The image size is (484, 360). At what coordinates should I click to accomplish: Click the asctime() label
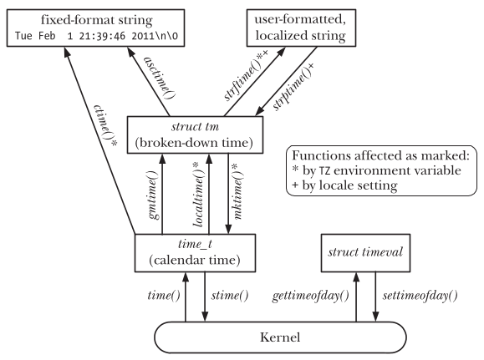tap(160, 78)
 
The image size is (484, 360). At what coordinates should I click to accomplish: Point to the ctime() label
tap(105, 126)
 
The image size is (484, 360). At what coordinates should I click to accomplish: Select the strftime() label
tap(246, 74)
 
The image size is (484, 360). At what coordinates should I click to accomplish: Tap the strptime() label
tap(293, 86)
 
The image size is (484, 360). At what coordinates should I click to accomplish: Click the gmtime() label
tap(153, 195)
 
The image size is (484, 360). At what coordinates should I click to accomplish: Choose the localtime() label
tap(199, 195)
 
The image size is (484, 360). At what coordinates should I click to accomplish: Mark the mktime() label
tap(237, 191)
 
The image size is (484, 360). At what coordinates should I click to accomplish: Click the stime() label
tap(230, 296)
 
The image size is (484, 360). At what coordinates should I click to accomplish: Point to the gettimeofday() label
tap(310, 296)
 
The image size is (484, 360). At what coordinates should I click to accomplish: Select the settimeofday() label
tap(420, 296)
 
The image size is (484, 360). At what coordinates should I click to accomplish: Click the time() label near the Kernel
tap(164, 296)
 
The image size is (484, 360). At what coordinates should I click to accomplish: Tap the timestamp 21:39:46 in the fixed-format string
tap(102, 36)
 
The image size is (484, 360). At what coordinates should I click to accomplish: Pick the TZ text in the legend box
tap(324, 170)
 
